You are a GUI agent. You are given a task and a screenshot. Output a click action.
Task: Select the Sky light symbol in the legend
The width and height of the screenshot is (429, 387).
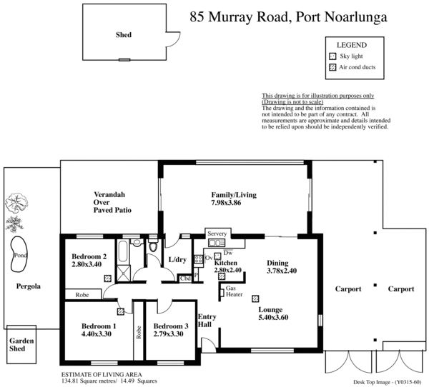coord(332,56)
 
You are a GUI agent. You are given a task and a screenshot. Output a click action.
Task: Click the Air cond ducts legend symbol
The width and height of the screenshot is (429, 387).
coord(332,68)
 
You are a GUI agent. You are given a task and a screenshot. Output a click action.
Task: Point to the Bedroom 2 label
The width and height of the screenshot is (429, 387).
coord(89,257)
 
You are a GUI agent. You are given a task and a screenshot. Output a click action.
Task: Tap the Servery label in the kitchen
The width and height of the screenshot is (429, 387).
coord(217,234)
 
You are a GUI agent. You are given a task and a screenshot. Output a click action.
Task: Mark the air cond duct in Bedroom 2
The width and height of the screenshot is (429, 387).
coord(108,278)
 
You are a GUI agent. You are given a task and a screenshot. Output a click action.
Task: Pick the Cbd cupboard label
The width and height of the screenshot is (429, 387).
coord(184,278)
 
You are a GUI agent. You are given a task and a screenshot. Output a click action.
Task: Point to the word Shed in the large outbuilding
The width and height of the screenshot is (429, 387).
coord(124,34)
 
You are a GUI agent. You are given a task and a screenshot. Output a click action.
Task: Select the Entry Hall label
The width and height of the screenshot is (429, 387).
coord(207,321)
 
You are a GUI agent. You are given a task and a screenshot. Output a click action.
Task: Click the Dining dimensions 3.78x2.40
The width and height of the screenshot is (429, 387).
coord(283,271)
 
